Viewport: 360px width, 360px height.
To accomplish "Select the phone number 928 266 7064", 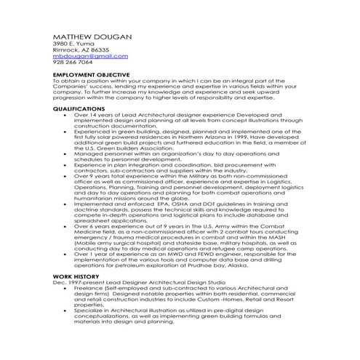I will [x=73, y=63].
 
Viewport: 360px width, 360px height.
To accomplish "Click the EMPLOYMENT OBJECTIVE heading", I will [x=92, y=75].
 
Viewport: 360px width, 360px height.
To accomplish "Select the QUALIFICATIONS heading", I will [x=79, y=108].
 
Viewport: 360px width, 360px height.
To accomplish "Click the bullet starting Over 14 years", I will [x=66, y=114].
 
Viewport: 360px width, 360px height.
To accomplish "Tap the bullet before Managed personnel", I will [x=66, y=153].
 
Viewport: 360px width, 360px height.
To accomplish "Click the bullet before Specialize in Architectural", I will [x=66, y=311].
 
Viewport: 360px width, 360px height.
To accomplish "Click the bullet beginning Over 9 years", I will [x=66, y=176].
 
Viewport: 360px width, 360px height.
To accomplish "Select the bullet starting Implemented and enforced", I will [x=66, y=204].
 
